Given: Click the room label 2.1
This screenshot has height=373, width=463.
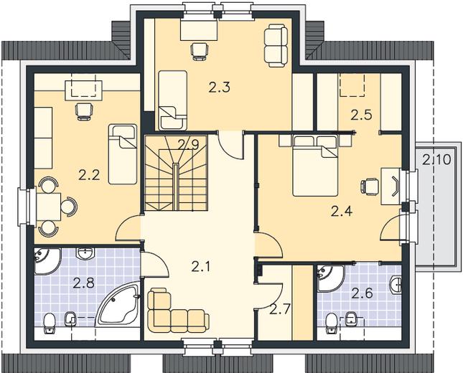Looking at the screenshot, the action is (x=200, y=267).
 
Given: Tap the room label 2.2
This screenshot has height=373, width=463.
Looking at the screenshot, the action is (x=89, y=176).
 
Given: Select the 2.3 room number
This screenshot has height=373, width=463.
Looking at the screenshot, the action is (x=219, y=88).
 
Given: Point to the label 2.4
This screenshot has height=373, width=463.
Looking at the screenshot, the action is (x=342, y=212).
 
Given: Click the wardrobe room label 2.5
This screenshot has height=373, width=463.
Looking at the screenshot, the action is (x=361, y=115).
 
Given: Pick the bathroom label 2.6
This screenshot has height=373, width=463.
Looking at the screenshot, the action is (x=363, y=293).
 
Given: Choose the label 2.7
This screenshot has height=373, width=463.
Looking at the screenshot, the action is (x=280, y=310).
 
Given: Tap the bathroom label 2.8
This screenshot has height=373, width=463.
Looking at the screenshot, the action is (x=83, y=283).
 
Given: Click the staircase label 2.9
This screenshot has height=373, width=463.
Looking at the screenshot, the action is (x=188, y=145).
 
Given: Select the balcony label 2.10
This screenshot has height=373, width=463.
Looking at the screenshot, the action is (x=436, y=160).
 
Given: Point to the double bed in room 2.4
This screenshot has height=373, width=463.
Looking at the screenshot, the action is (x=315, y=166).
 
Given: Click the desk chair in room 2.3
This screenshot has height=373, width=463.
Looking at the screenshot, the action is (x=200, y=52).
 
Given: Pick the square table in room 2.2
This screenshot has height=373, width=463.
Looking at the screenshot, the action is (x=48, y=207).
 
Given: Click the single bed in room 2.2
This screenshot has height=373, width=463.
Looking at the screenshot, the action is (x=123, y=154).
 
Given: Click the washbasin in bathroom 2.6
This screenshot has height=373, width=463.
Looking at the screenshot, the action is (x=396, y=285).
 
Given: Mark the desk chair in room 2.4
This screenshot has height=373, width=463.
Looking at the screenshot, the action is (x=370, y=186).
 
